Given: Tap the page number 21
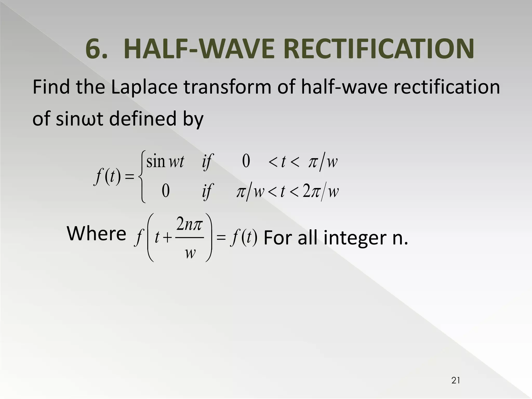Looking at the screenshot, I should point(456,381).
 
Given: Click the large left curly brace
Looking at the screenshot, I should point(142,177).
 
